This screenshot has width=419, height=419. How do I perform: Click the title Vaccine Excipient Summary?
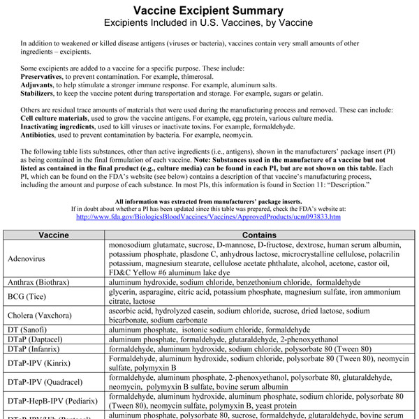click(x=208, y=10)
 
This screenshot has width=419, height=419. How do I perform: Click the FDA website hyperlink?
click(x=208, y=217)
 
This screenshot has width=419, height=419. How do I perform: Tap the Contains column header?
click(x=261, y=236)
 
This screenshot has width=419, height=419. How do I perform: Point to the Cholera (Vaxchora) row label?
click(x=41, y=315)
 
